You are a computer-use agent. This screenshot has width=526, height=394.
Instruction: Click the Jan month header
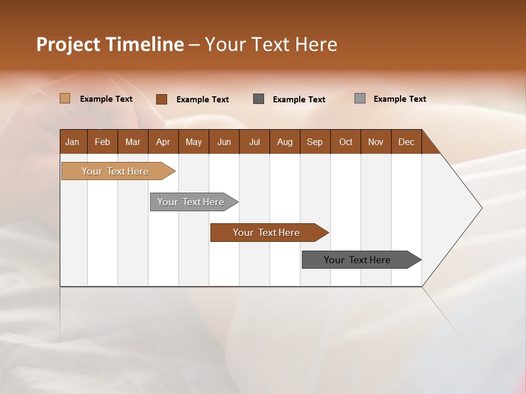coord(73,142)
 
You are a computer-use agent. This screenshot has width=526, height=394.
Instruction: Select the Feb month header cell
coord(102,142)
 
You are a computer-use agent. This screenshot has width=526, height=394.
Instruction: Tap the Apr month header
coord(163,142)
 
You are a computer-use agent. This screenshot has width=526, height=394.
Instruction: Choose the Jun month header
coord(224,142)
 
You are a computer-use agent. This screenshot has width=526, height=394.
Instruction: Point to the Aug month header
coord(284,142)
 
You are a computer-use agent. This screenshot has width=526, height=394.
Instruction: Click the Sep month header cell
coord(315,142)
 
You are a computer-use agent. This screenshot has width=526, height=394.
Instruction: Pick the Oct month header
coord(346,142)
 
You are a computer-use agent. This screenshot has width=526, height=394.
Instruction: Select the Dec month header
coord(406,142)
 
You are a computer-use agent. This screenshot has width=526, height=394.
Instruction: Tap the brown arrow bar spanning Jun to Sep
coord(267,233)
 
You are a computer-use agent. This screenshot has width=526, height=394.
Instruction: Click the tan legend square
coord(65,99)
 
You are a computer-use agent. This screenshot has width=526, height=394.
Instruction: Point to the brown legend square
coord(162,99)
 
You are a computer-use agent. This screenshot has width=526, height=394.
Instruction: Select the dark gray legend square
coord(259,99)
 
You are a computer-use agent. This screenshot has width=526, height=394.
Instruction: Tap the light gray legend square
coord(360,99)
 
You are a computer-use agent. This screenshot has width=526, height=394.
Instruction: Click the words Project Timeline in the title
coord(110,44)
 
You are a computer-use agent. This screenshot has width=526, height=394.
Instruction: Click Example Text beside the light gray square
coord(399,99)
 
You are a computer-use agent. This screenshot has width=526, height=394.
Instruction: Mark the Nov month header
coord(376,142)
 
